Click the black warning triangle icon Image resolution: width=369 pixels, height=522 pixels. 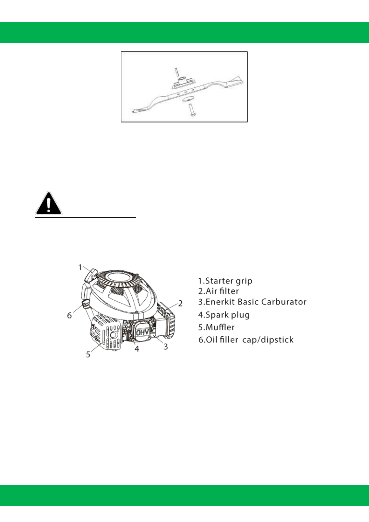pyautogui.click(x=49, y=203)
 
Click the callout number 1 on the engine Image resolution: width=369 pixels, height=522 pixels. pyautogui.click(x=80, y=267)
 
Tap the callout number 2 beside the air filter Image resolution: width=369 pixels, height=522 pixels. pyautogui.click(x=180, y=303)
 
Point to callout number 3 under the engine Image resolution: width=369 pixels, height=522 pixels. pyautogui.click(x=166, y=347)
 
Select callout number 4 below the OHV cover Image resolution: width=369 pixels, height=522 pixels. pyautogui.click(x=137, y=349)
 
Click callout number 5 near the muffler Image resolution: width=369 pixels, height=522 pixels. pyautogui.click(x=88, y=354)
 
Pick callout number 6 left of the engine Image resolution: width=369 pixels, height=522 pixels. pyautogui.click(x=69, y=316)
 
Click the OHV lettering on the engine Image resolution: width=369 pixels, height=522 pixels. pyautogui.click(x=143, y=332)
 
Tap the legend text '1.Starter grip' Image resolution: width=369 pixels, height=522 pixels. pyautogui.click(x=225, y=281)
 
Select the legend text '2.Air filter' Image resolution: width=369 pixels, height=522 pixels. pyautogui.click(x=218, y=291)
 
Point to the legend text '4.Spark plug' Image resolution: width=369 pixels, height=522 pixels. pyautogui.click(x=224, y=315)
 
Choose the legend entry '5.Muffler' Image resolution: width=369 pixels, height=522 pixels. pyautogui.click(x=216, y=327)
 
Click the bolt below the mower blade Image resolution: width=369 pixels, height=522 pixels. pyautogui.click(x=190, y=110)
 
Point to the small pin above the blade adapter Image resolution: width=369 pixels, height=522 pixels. pyautogui.click(x=176, y=71)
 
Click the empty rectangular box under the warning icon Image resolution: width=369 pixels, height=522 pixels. pyautogui.click(x=86, y=224)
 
